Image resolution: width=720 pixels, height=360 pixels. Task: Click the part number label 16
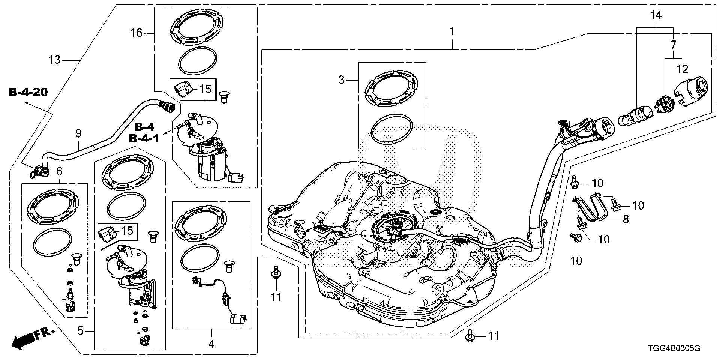coord(136,33)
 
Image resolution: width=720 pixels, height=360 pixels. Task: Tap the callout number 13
coord(55,60)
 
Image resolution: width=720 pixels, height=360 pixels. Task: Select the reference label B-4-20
coord(28,92)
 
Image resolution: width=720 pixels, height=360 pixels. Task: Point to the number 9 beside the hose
coord(78,133)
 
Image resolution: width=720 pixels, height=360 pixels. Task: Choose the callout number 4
coord(211,343)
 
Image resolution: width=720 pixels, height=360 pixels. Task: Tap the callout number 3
coord(341,80)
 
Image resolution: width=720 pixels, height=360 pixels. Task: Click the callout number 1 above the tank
coord(452,31)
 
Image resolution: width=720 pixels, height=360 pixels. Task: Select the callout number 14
coord(656,15)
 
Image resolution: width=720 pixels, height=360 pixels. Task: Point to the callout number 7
coord(673,46)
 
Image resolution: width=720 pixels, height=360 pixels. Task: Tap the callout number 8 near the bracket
coord(625,219)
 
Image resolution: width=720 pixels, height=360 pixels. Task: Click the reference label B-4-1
coord(144,138)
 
